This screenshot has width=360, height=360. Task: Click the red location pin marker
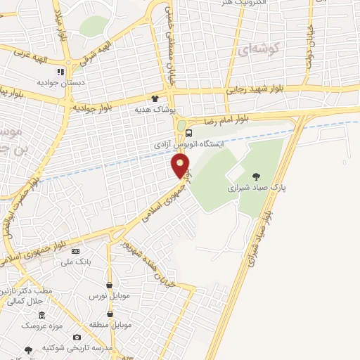tap(181, 166)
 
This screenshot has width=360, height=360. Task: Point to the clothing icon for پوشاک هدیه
tap(155, 98)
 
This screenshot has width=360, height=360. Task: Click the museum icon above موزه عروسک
tap(42, 315)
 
